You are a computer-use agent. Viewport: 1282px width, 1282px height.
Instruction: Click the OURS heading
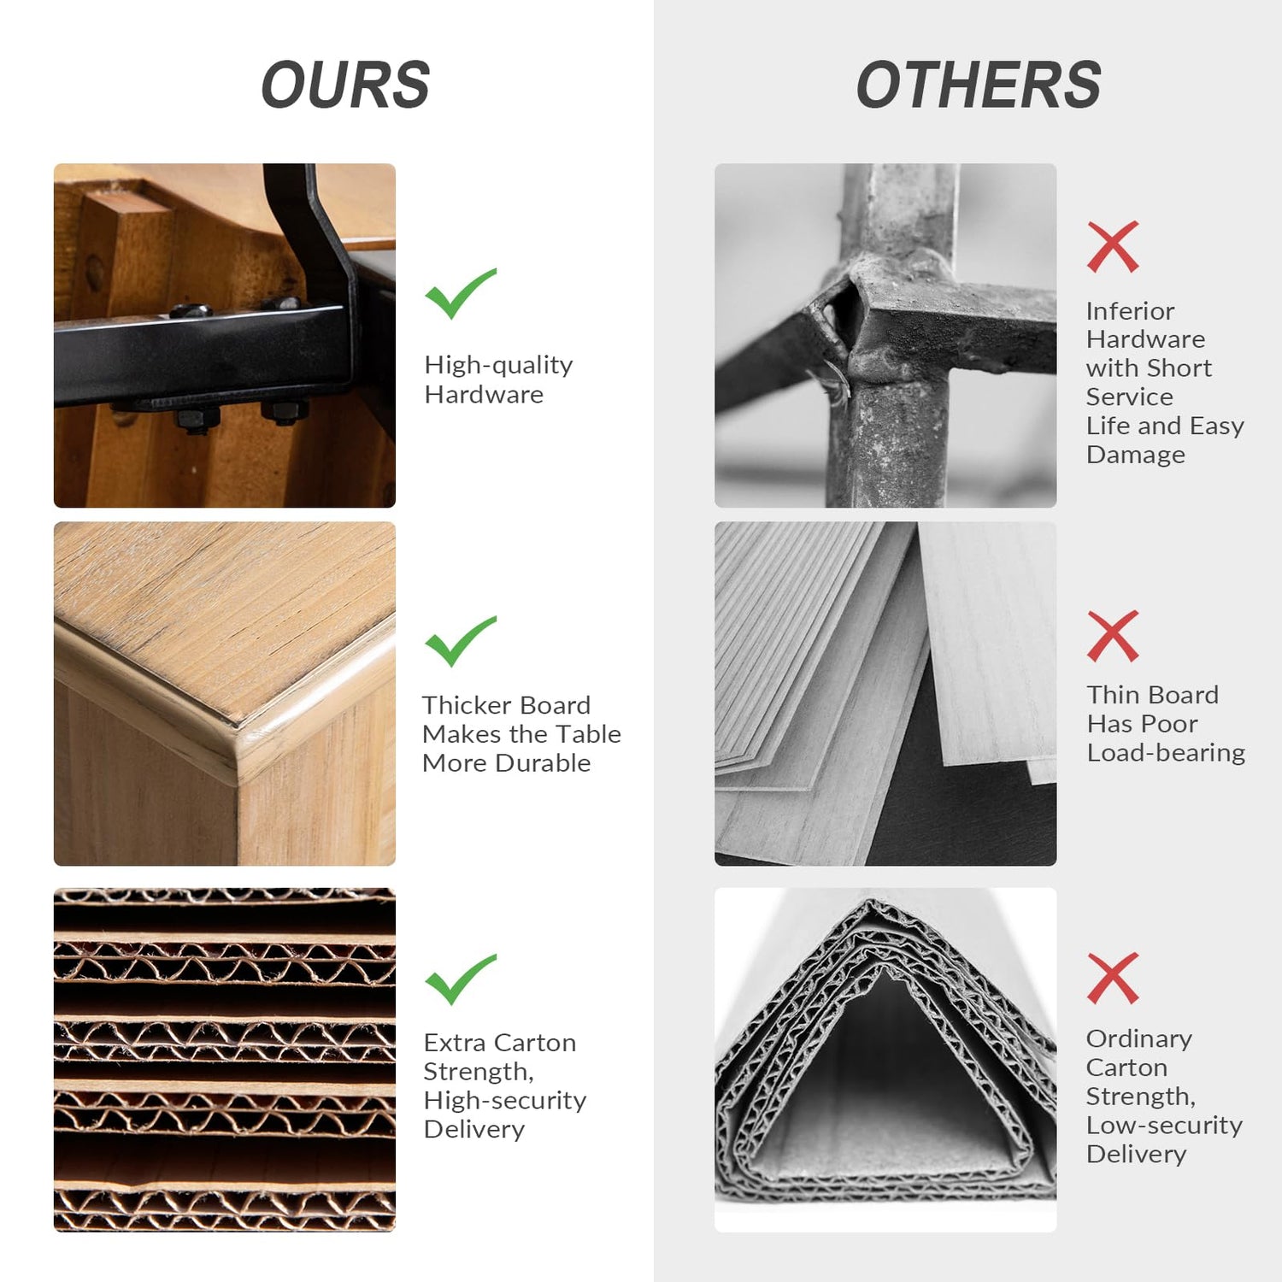(x=345, y=85)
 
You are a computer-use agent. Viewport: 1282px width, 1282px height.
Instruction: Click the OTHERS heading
(x=979, y=85)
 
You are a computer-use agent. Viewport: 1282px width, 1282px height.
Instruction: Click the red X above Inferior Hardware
(x=1113, y=247)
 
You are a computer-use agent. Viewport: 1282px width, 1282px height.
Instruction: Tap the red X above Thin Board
(x=1113, y=636)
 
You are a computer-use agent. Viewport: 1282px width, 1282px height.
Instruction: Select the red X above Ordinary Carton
(x=1113, y=978)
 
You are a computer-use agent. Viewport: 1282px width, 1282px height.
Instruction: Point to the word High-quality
(x=498, y=366)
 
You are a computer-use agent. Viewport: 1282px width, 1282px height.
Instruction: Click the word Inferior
(x=1130, y=311)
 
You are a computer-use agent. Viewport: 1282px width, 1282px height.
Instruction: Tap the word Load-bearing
(x=1166, y=753)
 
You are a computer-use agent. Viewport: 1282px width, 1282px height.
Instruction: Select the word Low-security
(x=1164, y=1126)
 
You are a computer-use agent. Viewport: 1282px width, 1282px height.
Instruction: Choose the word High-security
(x=504, y=1101)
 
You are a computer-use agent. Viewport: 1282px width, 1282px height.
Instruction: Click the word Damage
(x=1135, y=456)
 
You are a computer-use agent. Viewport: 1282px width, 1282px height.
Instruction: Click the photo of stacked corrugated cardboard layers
(x=225, y=1060)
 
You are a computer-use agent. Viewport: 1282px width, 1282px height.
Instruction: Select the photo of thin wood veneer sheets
(x=885, y=694)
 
